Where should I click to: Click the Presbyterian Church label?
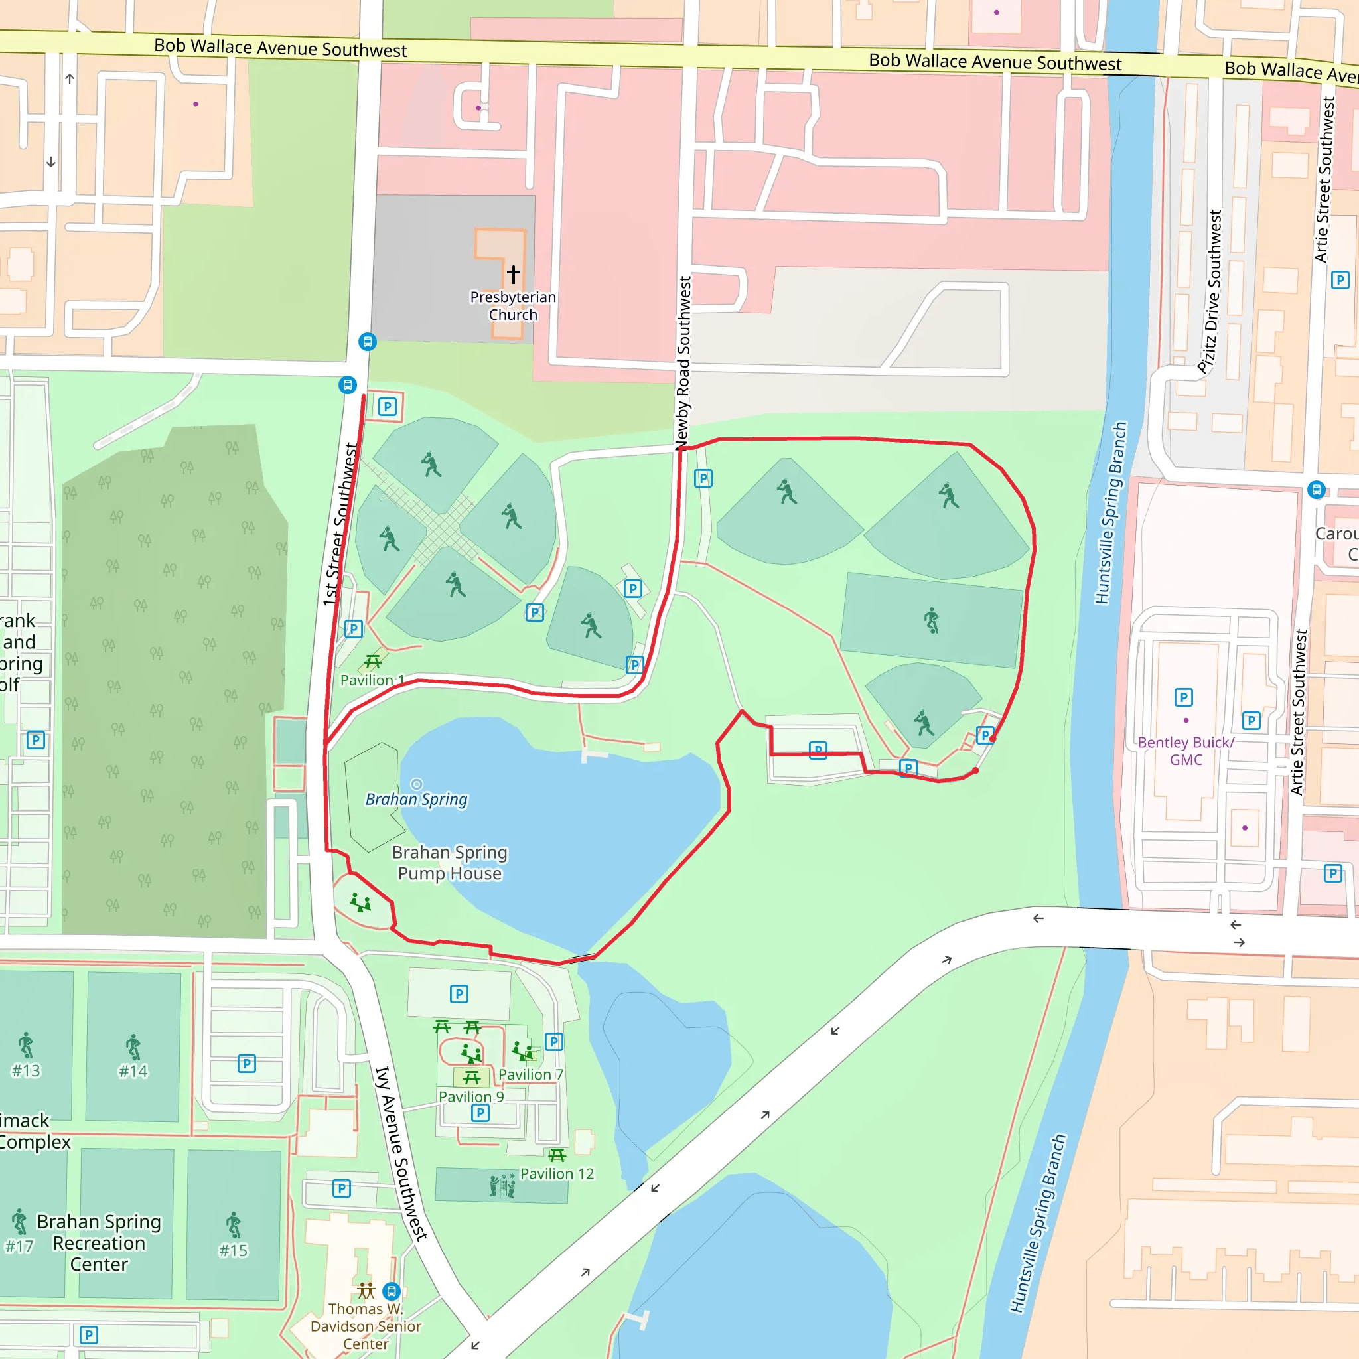tap(513, 306)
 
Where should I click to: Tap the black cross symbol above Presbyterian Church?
tap(514, 273)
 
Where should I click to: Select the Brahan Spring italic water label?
tap(417, 799)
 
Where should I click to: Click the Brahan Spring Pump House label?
tap(449, 863)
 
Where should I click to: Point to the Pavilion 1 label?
tap(372, 680)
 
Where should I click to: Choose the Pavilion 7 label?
tap(530, 1074)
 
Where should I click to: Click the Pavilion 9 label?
tap(471, 1096)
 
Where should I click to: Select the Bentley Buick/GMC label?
tap(1186, 751)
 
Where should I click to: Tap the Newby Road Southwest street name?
tap(683, 362)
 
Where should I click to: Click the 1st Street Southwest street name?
tap(341, 524)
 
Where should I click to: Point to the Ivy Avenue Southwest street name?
tap(401, 1153)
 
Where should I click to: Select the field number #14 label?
tap(133, 1070)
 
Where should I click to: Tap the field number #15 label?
tap(233, 1250)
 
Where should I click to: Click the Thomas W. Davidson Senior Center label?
tap(366, 1326)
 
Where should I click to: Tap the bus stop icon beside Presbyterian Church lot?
tap(367, 342)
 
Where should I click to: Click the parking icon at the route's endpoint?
tap(985, 735)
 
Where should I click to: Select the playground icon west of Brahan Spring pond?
tap(361, 902)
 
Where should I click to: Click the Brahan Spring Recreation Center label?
tap(99, 1242)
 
